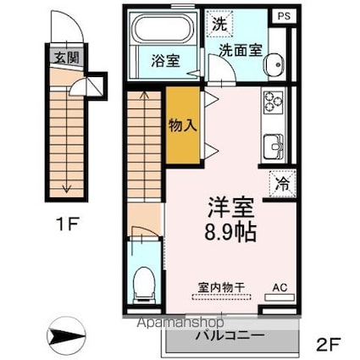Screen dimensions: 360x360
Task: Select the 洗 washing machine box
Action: point(219,24)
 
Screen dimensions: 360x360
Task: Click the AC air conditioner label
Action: point(278,288)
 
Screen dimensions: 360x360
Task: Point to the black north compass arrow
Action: point(67,336)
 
